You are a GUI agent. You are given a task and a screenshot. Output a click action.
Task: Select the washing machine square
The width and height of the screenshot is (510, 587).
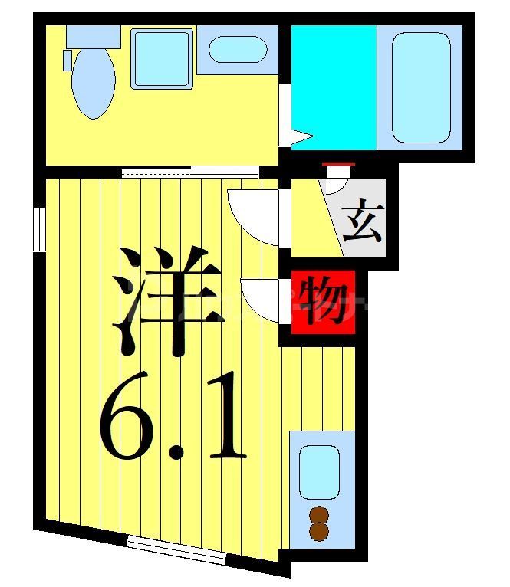161,58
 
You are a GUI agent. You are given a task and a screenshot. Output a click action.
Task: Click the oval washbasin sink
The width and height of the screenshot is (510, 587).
238,49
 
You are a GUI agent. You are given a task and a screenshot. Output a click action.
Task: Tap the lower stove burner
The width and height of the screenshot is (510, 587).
318,531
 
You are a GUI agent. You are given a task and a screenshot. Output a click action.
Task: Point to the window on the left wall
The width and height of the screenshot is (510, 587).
38,228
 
